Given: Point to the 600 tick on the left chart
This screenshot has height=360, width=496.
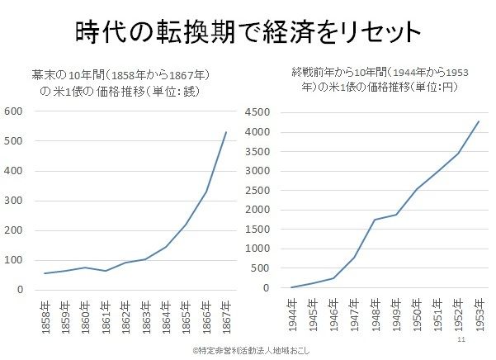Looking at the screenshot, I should click(14, 111).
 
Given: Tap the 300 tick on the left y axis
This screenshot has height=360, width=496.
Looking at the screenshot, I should click(14, 201).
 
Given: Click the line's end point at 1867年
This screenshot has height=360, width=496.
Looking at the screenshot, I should click(225, 132).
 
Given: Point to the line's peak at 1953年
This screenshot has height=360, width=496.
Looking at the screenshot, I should click(478, 121).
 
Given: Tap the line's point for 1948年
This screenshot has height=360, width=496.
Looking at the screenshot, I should click(375, 220).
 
